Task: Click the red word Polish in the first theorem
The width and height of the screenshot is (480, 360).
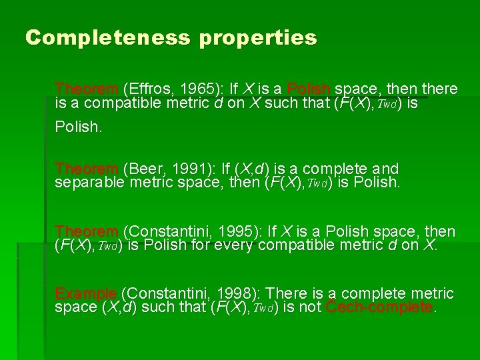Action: pyautogui.click(x=309, y=89)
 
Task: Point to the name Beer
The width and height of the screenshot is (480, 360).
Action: pyautogui.click(x=143, y=169)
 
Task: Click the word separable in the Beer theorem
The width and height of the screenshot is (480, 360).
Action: pyautogui.click(x=89, y=182)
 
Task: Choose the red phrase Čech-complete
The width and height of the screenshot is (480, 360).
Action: pyautogui.click(x=380, y=307)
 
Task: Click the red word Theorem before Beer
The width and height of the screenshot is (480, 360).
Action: pyautogui.click(x=86, y=169)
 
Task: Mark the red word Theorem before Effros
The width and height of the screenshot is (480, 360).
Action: pyautogui.click(x=86, y=89)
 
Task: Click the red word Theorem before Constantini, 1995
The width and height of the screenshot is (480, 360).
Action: pyautogui.click(x=86, y=232)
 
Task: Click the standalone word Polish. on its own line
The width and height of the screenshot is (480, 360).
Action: pyautogui.click(x=79, y=127)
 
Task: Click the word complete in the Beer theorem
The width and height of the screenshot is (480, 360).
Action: pyautogui.click(x=351, y=169)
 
